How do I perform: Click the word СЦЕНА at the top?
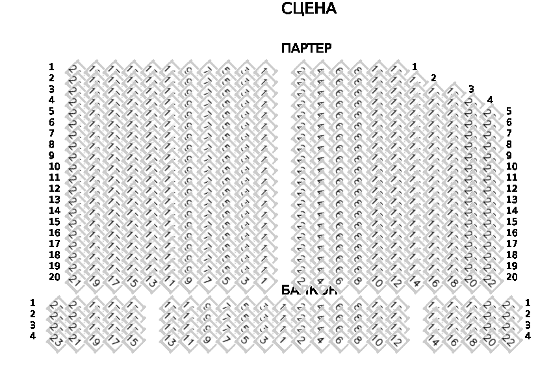(309, 9)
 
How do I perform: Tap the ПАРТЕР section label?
(306, 48)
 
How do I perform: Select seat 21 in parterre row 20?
(75, 281)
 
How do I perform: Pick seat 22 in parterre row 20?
(490, 281)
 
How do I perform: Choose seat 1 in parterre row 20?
(264, 281)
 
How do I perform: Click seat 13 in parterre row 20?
(151, 281)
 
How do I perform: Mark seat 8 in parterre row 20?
(358, 281)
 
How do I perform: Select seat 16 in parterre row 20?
(433, 281)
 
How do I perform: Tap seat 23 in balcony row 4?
(56, 340)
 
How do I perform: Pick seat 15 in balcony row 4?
(132, 340)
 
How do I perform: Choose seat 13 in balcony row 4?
(170, 340)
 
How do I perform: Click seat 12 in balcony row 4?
(396, 340)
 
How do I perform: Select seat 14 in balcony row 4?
(434, 340)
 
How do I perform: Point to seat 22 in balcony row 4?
(509, 340)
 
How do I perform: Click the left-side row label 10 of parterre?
(55, 166)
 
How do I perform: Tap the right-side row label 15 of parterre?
(512, 222)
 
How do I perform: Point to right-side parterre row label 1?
(415, 67)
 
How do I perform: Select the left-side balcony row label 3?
(32, 325)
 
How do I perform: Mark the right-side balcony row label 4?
(528, 336)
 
